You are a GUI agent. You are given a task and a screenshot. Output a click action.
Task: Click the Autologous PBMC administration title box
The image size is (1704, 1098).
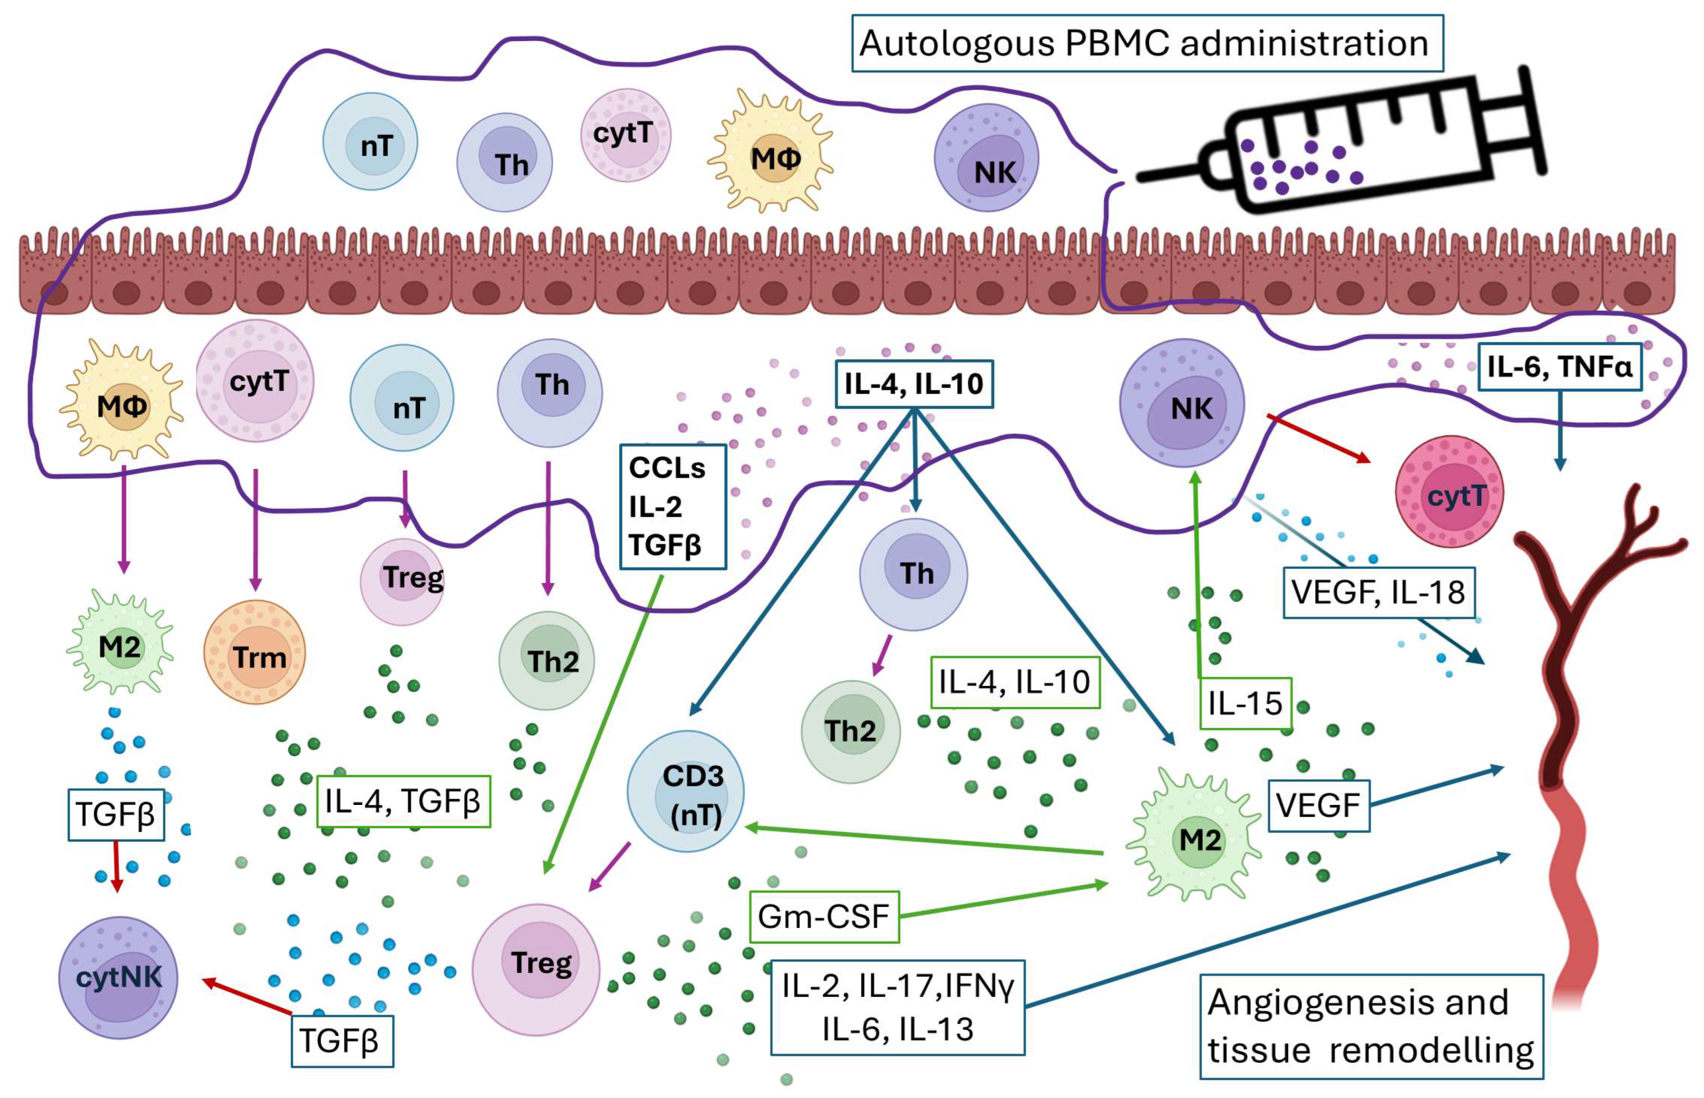coord(1146,43)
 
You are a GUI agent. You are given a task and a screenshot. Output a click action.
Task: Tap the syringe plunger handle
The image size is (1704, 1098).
coord(1532,121)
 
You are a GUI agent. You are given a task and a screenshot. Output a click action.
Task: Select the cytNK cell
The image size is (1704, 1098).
coord(118,977)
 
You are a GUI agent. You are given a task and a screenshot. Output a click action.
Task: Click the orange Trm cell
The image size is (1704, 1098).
coord(255,653)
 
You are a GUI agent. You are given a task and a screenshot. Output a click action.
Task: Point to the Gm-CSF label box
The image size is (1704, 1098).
coord(824,917)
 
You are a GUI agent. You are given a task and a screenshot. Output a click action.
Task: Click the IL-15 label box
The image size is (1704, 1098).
coord(1245,704)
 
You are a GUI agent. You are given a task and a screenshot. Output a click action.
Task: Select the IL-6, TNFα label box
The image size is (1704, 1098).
coord(1559,367)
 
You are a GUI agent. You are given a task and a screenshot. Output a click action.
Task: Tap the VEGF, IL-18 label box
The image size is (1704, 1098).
coord(1378,592)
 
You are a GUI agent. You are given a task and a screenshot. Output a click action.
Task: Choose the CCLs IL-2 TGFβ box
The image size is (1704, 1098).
coord(672,507)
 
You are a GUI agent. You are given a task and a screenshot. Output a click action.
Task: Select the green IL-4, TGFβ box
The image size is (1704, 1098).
coord(403,802)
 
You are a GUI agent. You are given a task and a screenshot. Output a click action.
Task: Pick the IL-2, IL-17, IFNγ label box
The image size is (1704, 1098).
coord(897,1008)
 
